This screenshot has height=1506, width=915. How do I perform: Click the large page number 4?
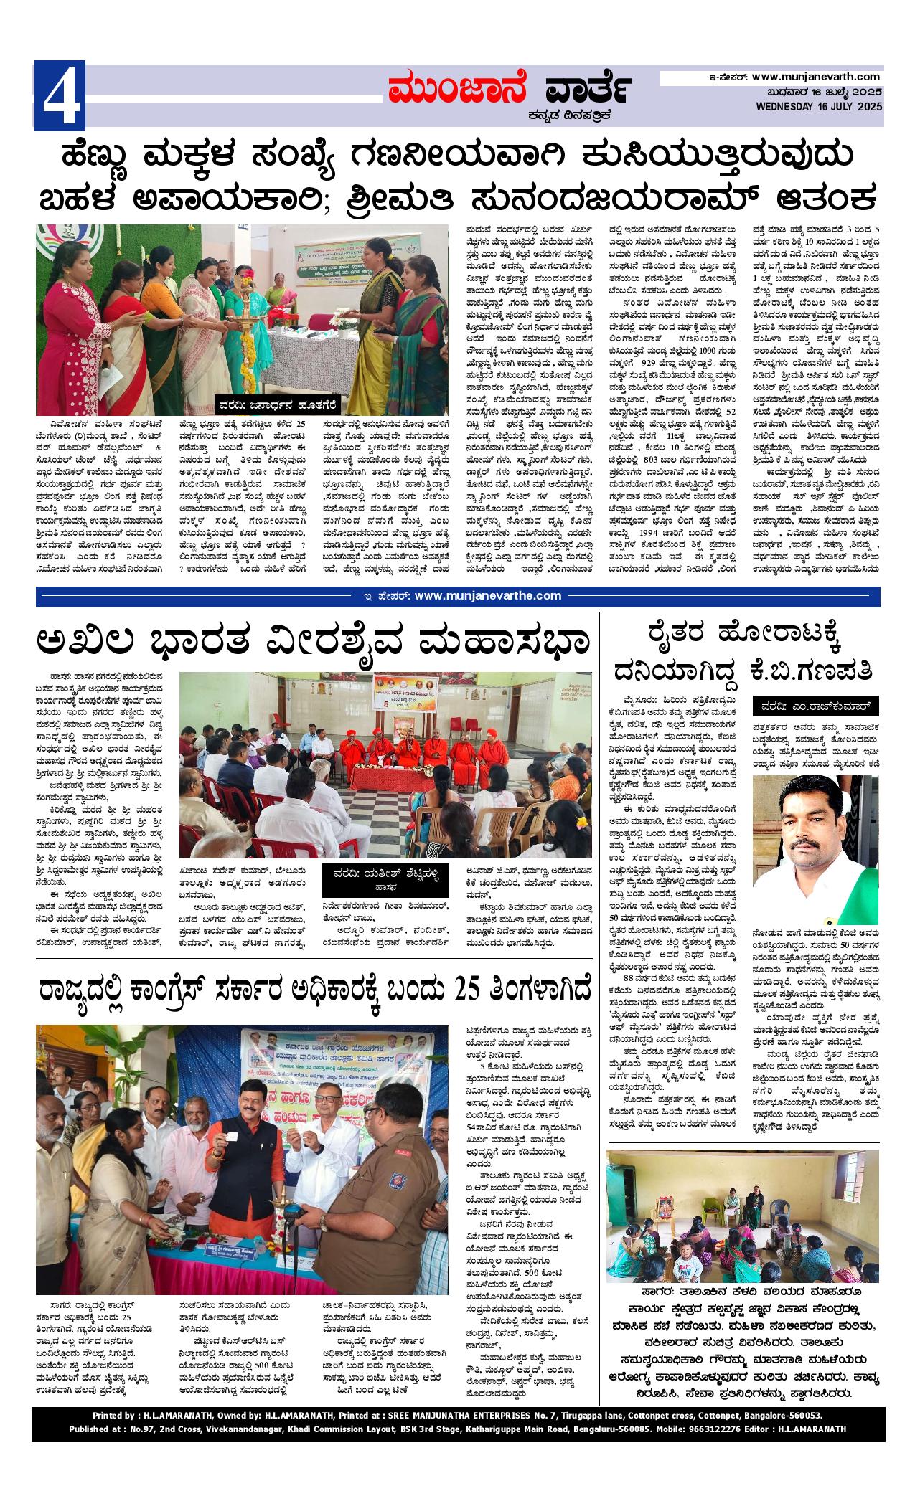tap(60, 95)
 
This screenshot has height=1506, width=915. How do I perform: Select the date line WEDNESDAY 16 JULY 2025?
tap(817, 106)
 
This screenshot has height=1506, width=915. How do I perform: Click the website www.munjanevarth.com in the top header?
tap(816, 77)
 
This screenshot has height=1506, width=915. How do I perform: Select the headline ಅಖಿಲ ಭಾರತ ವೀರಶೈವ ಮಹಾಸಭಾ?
tap(314, 640)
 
